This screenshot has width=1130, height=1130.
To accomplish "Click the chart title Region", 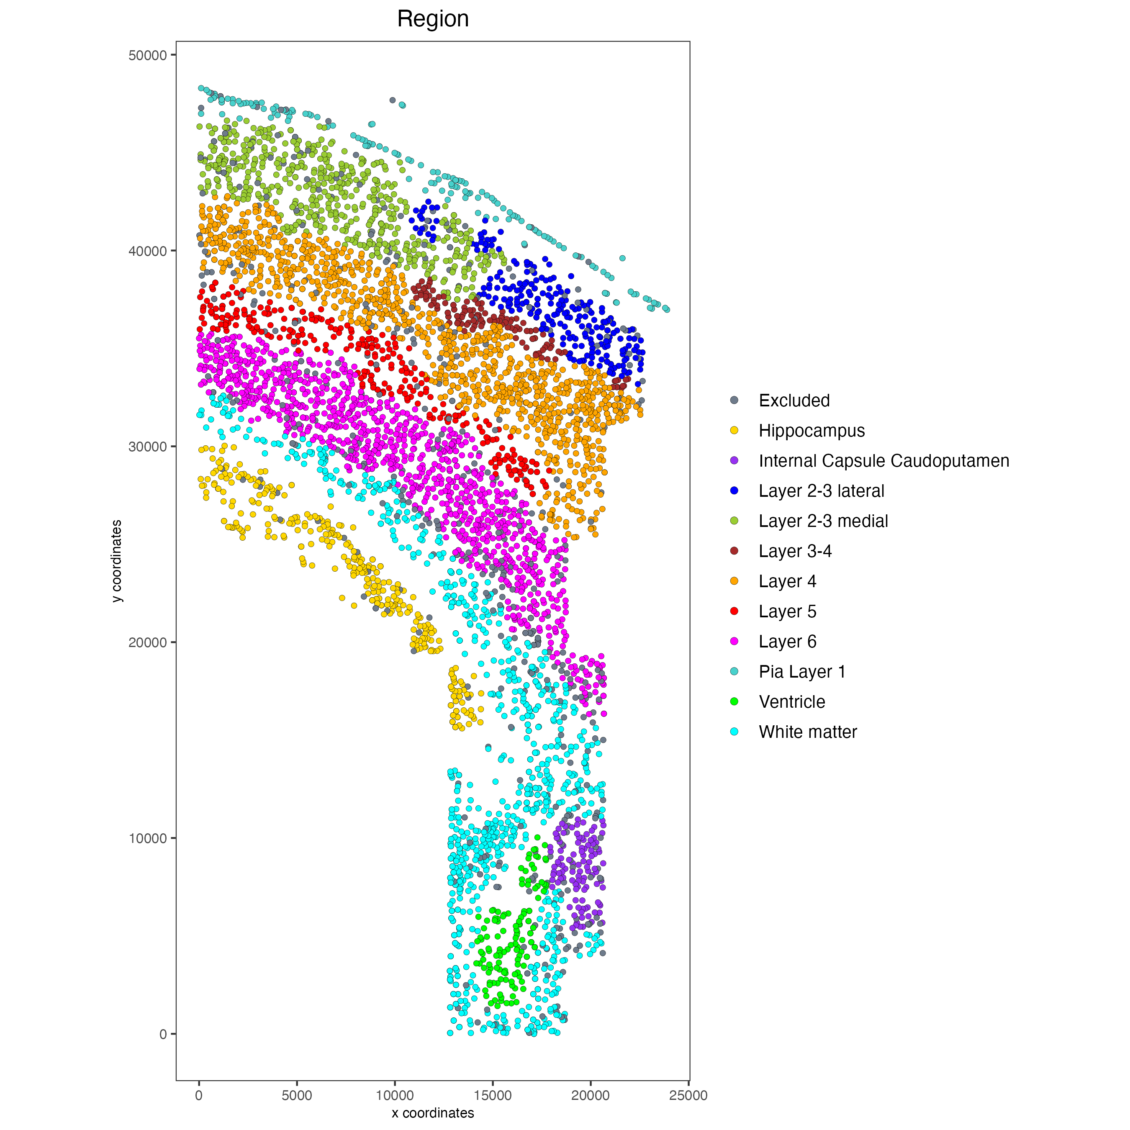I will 433,19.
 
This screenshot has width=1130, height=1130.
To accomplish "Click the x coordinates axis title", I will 433,1112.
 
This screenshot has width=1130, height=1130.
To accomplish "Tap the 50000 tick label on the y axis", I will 147,56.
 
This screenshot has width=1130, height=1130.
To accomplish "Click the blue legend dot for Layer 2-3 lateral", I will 734,491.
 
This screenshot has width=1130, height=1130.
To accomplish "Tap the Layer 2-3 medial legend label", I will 823,521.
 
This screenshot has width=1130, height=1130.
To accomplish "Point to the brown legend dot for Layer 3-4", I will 734,551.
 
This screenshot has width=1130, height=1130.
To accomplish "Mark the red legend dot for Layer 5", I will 734,611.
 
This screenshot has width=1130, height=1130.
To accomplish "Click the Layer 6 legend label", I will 787,642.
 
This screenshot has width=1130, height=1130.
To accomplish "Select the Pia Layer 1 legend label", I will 801,671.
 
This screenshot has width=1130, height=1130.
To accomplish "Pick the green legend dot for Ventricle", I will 734,702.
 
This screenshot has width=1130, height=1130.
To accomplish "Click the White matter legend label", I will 807,732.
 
